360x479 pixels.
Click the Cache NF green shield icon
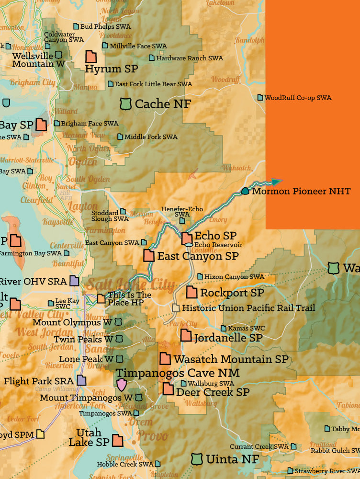pos(125,103)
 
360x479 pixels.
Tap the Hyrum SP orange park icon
pos(91,57)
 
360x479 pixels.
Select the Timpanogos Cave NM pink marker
pos(122,384)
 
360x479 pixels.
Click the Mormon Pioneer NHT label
pos(301,191)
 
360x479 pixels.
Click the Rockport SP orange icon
pos(191,292)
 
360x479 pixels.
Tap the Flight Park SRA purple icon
pos(81,381)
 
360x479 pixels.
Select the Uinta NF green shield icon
pos(196,459)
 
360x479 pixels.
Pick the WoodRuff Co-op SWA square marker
pos(260,97)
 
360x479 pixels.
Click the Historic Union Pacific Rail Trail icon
pos(176,308)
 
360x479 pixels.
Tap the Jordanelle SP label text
pos(228,338)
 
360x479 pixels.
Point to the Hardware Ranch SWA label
pos(190,58)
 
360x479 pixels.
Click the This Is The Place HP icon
pos(101,298)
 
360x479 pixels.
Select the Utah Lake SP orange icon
pos(117,440)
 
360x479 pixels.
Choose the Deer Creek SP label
pos(213,392)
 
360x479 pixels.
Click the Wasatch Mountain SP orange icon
pos(165,358)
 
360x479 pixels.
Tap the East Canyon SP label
pos(198,256)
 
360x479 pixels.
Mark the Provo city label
pos(152,436)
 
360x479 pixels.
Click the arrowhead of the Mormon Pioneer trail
pos(277,182)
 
